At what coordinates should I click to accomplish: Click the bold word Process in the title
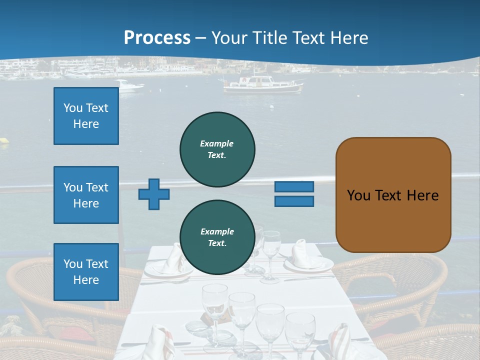coord(157,37)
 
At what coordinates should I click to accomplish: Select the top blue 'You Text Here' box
coord(86,116)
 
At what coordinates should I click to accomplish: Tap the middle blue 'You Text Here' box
coord(86,195)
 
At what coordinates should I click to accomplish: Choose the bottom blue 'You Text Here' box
coord(86,271)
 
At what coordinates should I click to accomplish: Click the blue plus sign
coord(154,194)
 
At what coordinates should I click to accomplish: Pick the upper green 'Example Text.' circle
coord(217,149)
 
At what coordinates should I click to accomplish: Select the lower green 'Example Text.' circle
coord(217,237)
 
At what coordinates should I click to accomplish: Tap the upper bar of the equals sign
coord(294,186)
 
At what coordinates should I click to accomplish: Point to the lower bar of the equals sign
coord(294,201)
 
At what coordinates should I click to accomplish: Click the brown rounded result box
coord(393,195)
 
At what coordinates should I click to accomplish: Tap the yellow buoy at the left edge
coord(4,142)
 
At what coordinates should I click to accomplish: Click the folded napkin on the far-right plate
coord(304,255)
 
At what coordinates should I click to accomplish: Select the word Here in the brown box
coord(422,195)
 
